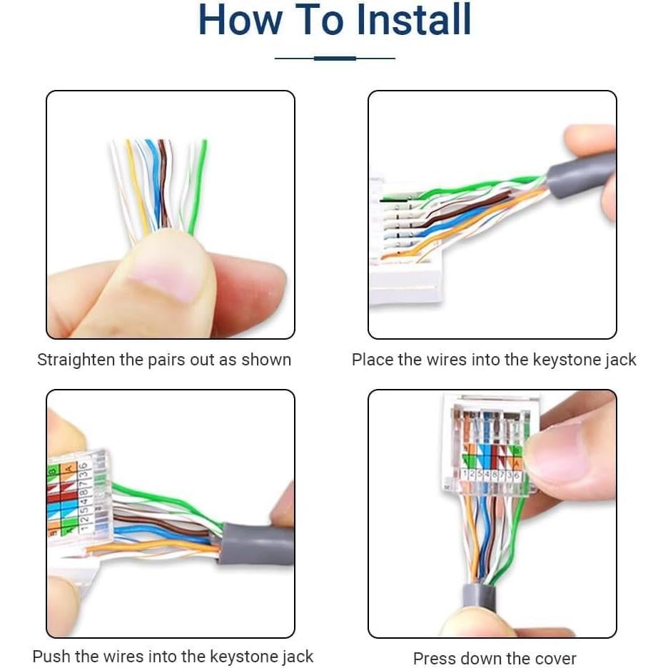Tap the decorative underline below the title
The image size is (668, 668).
pyautogui.click(x=335, y=58)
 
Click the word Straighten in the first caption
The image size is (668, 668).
pyautogui.click(x=76, y=360)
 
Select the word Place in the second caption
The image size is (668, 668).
pyautogui.click(x=373, y=360)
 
